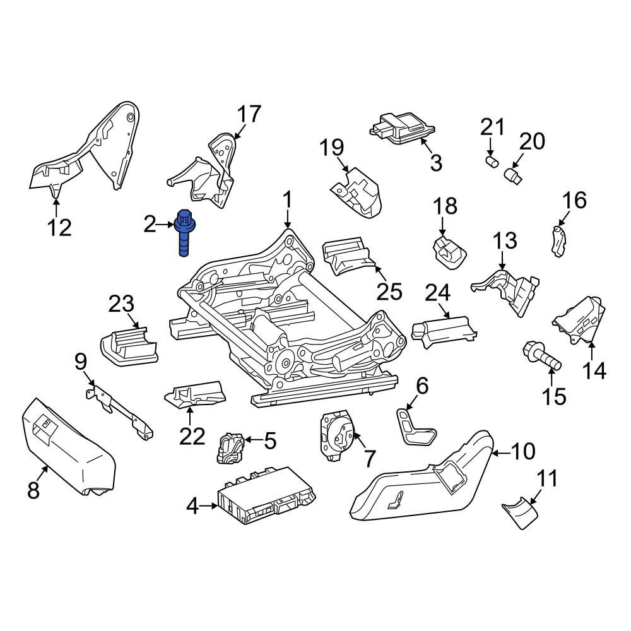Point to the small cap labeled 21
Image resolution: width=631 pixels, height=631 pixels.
pos(489,162)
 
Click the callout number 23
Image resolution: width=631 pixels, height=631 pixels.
pos(122,304)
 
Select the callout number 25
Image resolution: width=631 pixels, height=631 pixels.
pos(389,292)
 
